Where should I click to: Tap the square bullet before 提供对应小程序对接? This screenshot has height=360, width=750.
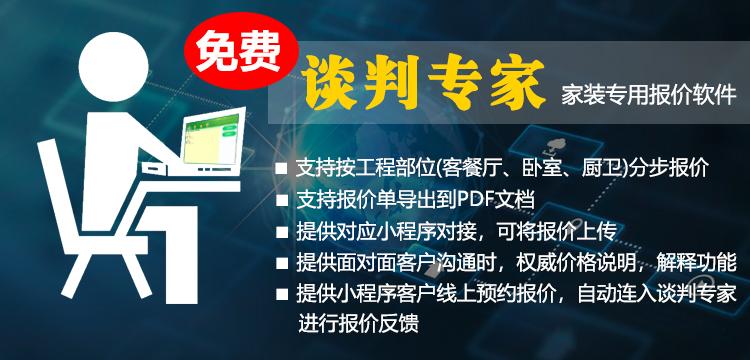(283, 232)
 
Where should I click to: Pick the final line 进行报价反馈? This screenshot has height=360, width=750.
(358, 325)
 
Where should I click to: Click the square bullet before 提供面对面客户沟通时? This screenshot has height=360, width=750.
(283, 264)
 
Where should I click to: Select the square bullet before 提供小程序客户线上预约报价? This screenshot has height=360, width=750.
(283, 295)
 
